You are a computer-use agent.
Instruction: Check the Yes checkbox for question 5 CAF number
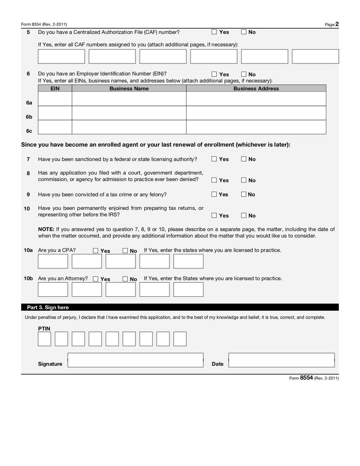click(214, 32)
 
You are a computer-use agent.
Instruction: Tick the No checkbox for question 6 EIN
click(243, 74)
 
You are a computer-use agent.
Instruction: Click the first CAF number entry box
click(61, 56)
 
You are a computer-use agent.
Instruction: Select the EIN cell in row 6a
click(55, 99)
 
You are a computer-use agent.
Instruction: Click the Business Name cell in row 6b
click(129, 113)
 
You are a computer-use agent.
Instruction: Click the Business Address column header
click(256, 89)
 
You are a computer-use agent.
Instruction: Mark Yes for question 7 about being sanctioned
click(214, 159)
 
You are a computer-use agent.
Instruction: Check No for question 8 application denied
click(243, 180)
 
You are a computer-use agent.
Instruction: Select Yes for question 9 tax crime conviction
click(214, 195)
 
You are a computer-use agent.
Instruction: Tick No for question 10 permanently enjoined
click(243, 216)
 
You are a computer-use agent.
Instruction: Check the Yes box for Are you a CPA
click(95, 251)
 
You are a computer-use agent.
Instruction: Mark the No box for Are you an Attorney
click(125, 279)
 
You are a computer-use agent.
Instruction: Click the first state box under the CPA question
click(53, 261)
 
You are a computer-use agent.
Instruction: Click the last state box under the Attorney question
click(188, 290)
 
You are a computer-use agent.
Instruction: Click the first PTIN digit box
click(44, 339)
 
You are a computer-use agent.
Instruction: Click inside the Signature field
click(135, 360)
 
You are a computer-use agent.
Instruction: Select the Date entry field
click(281, 360)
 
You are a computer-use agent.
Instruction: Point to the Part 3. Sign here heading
click(48, 308)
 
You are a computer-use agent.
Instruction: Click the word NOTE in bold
click(46, 229)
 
